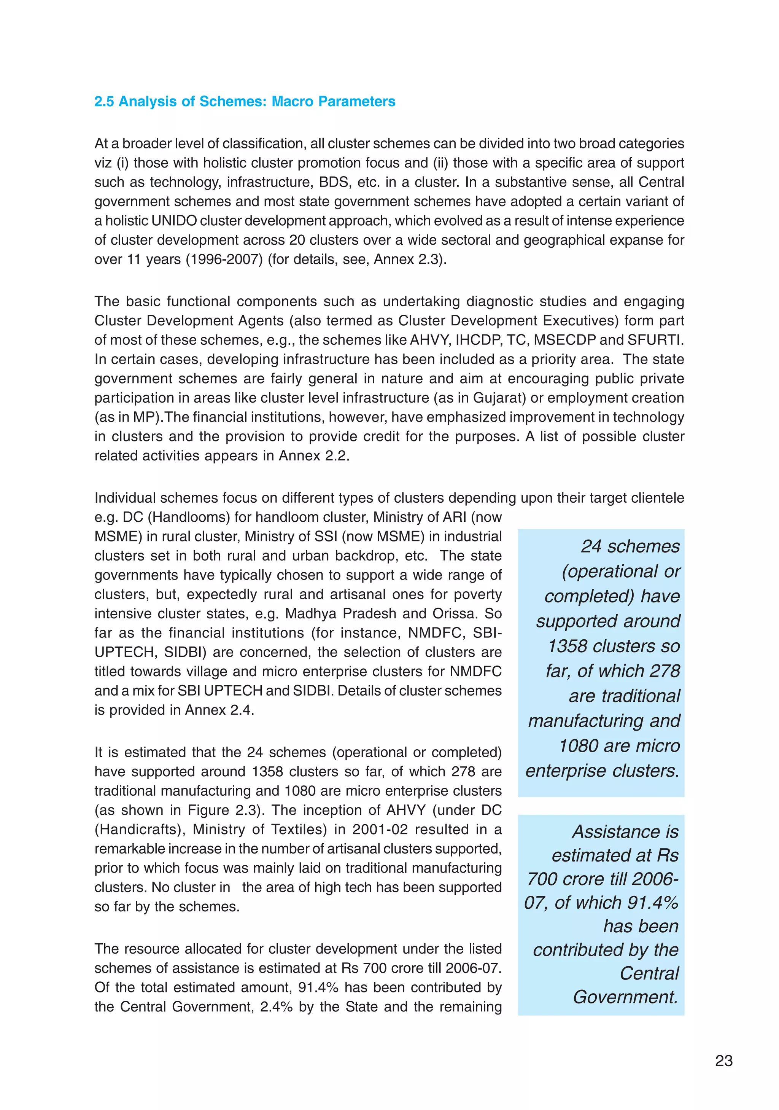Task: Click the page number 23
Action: click(x=723, y=1060)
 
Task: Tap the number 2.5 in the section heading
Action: click(x=104, y=102)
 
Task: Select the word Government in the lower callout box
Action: click(x=625, y=997)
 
